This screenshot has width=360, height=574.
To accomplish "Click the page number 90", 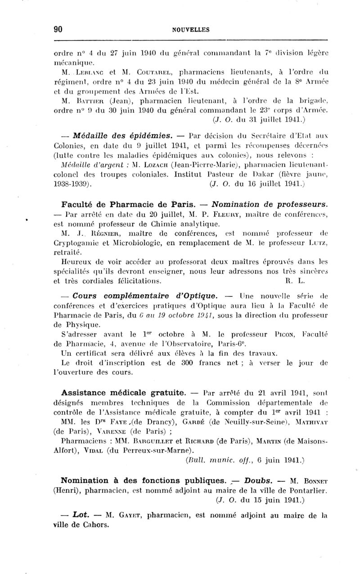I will point(58,30).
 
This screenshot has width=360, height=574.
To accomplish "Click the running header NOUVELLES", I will point(191,30).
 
